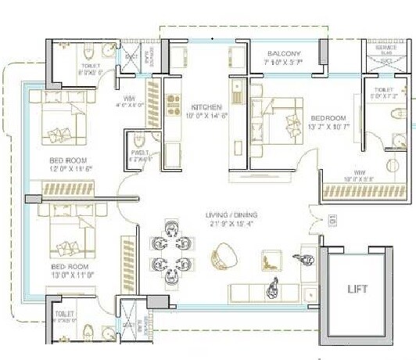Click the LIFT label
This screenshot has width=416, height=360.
click(357, 289)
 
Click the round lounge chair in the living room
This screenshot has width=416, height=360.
click(224, 254)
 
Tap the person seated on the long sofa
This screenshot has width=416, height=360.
click(274, 287)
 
